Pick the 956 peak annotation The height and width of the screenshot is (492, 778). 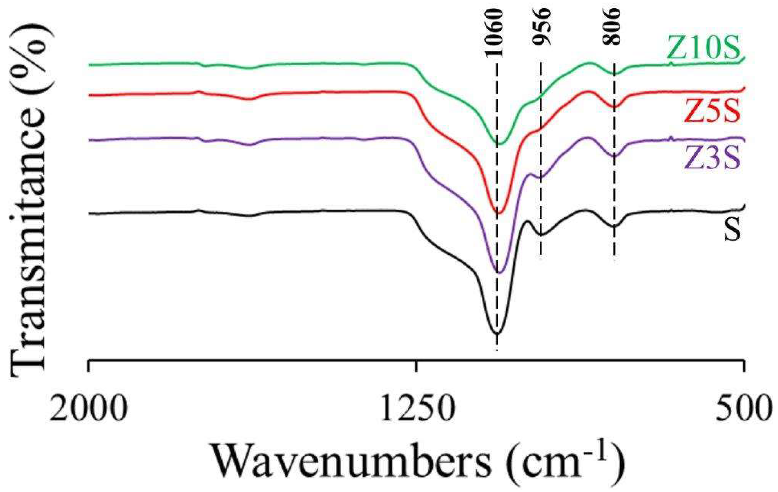[541, 27]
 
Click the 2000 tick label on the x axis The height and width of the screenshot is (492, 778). [89, 408]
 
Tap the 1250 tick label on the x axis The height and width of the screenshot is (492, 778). [416, 408]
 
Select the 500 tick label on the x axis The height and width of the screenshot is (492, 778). [742, 408]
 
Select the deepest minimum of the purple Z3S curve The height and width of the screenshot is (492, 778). [499, 273]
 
